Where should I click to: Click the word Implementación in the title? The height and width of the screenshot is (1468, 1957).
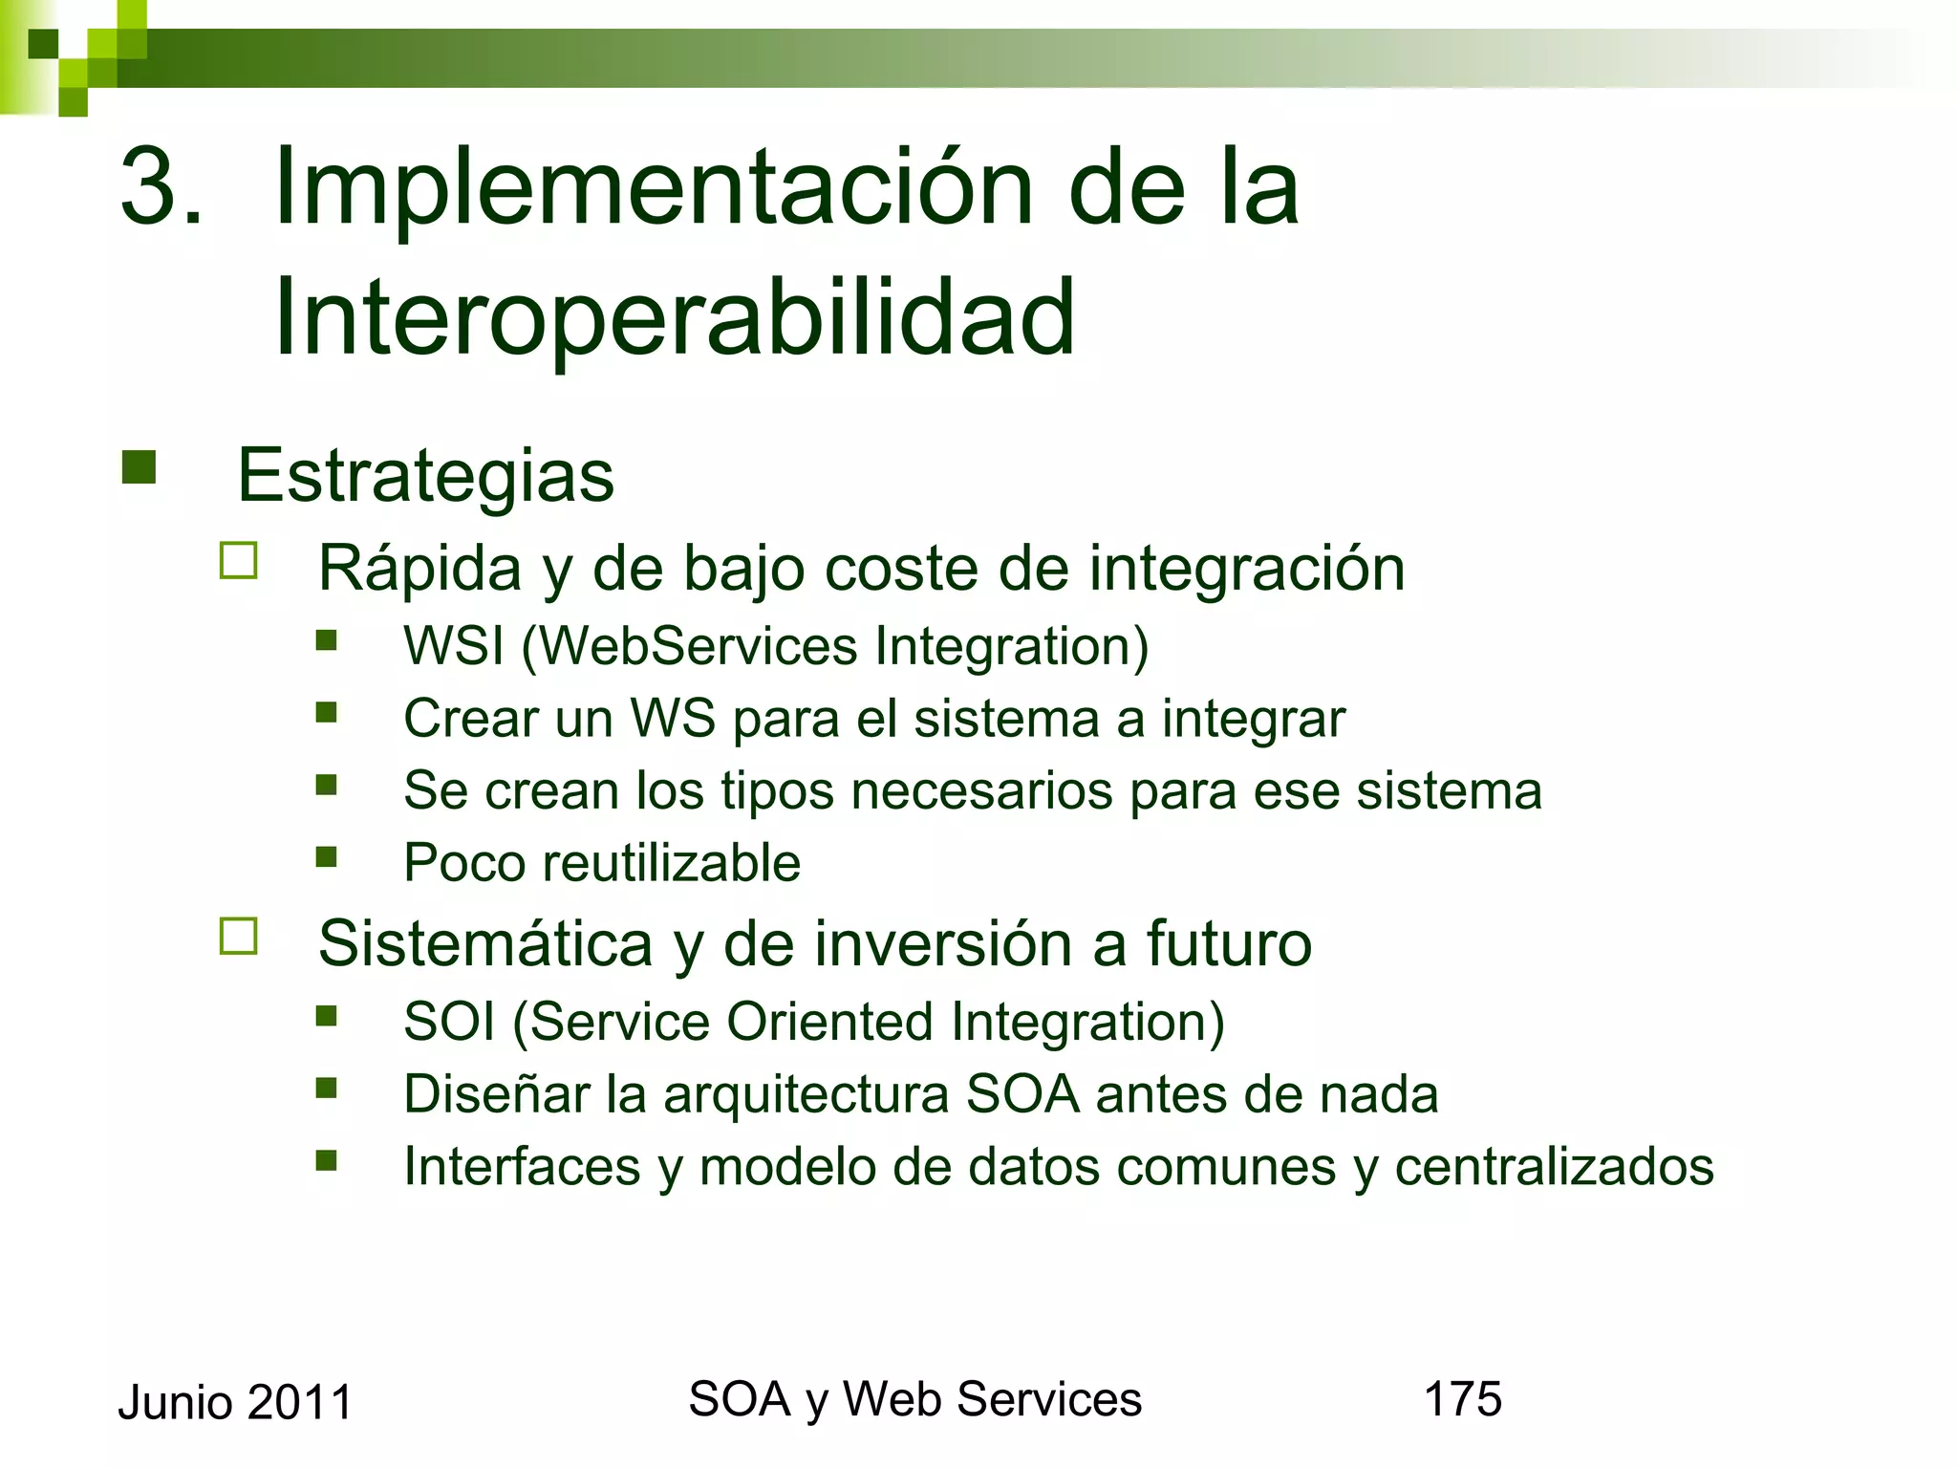(x=653, y=189)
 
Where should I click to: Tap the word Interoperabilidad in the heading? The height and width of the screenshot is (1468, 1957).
(x=674, y=318)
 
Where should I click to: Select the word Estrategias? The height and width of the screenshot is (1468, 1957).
(x=425, y=476)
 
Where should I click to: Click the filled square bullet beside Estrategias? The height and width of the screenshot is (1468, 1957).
(x=140, y=467)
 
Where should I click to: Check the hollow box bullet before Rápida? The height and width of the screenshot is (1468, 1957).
(x=239, y=561)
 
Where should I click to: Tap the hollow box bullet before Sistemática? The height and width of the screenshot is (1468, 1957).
(x=239, y=937)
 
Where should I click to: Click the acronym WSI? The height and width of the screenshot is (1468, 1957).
(x=453, y=646)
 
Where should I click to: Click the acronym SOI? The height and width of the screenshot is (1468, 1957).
(x=449, y=1022)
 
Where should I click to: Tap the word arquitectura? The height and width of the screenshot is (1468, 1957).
(x=806, y=1095)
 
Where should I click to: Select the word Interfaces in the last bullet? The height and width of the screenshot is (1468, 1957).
(x=522, y=1167)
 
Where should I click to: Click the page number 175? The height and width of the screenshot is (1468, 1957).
(x=1462, y=1399)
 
